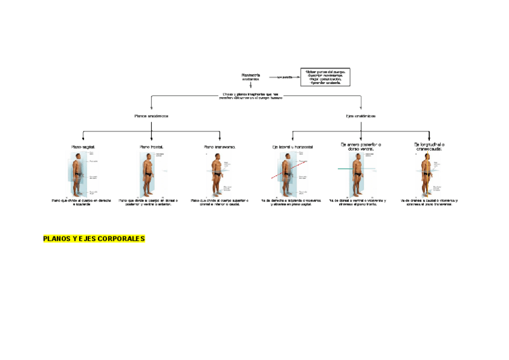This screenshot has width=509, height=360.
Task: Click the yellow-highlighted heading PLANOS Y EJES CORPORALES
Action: point(94,239)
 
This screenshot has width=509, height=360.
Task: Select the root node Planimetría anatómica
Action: point(250,77)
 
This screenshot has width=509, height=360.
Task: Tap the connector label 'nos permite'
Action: point(284,77)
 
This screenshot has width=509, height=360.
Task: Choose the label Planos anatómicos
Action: point(151,116)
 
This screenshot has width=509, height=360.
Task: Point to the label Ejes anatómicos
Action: point(361,116)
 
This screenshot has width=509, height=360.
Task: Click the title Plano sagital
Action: point(83,147)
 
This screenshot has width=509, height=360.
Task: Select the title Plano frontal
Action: point(151,147)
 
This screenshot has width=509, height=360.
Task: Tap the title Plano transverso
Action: point(220,147)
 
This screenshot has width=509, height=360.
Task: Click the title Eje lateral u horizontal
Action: point(292,147)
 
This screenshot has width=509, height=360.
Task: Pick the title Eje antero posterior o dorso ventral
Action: point(361,146)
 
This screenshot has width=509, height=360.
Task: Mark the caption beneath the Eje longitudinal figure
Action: point(429,202)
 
